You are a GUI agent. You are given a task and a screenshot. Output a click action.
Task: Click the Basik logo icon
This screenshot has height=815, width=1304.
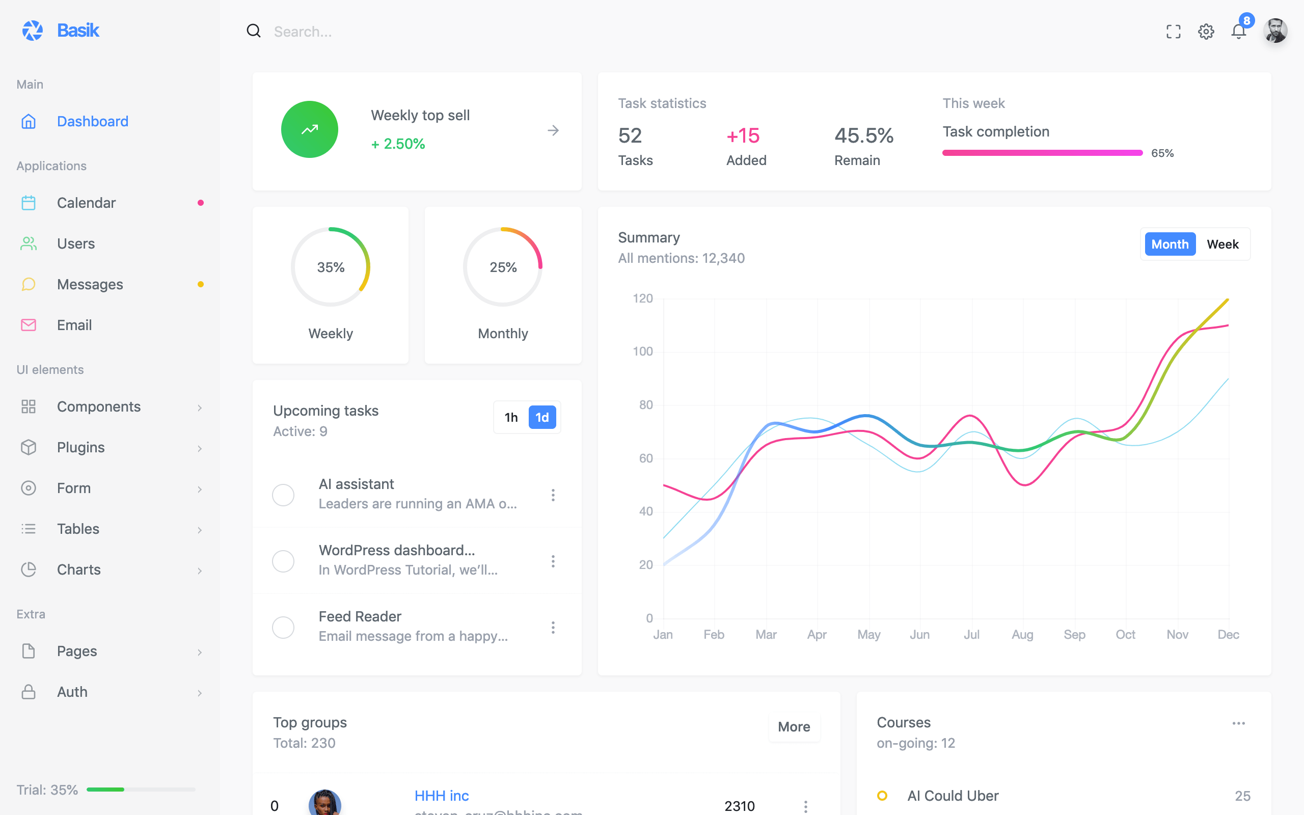point(32,31)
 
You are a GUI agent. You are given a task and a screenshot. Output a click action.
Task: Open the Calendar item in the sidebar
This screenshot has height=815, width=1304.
point(86,203)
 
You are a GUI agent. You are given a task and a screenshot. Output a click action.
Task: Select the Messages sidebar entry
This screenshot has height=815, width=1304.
point(90,284)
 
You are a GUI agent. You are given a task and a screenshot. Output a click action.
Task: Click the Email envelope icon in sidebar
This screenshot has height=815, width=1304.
point(29,325)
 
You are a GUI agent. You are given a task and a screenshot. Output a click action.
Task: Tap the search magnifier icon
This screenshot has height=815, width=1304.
point(254,31)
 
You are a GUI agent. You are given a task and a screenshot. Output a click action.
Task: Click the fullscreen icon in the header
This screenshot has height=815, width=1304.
point(1173,32)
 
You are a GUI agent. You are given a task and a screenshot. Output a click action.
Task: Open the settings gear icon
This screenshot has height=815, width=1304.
point(1206,32)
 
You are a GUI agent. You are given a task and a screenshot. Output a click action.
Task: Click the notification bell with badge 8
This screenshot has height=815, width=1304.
point(1239,31)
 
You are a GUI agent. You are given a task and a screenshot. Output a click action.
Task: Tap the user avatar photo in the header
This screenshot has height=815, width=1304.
point(1275,31)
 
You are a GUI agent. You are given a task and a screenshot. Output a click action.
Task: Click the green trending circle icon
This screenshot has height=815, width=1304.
point(309,129)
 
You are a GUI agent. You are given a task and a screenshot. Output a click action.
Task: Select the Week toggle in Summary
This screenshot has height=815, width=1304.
point(1222,244)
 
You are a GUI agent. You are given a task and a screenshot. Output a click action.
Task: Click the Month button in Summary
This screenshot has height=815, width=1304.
point(1170,244)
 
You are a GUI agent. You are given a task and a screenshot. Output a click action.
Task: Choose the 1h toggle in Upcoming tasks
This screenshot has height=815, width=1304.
point(511,417)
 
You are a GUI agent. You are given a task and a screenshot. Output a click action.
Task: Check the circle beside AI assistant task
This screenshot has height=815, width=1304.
point(283,495)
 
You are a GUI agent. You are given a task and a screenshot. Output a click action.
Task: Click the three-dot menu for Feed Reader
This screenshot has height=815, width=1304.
point(553,628)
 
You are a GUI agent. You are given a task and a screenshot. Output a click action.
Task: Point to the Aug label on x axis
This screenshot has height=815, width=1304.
point(1022,635)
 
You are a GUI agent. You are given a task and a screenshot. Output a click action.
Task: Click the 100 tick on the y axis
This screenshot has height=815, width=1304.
point(642,351)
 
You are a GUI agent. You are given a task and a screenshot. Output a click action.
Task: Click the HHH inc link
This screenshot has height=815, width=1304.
point(441,796)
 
